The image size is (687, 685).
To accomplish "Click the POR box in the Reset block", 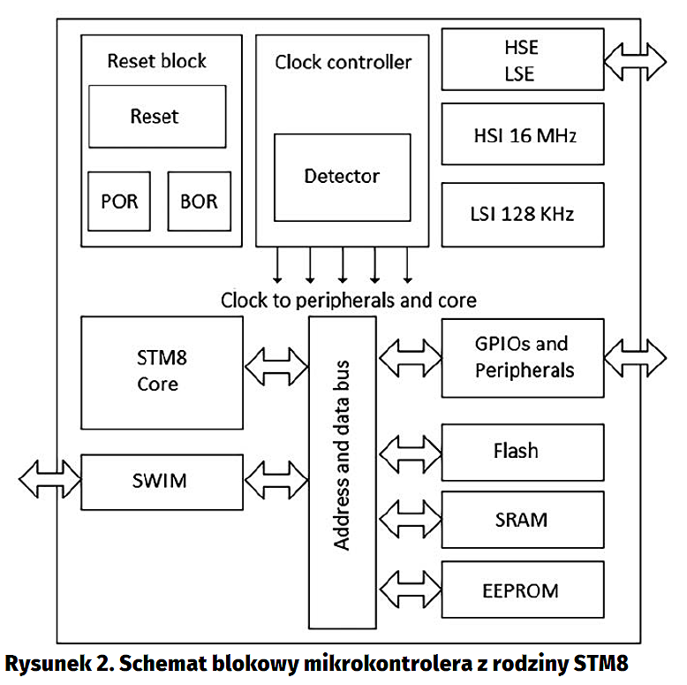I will pos(119,202).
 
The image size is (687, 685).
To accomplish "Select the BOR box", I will pos(199,202).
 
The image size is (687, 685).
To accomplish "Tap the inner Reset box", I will pos(157,117).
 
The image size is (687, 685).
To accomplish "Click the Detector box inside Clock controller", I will pos(342,177).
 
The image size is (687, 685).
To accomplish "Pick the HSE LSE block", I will pos(522,60).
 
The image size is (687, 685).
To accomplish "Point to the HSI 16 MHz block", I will pos(522,134).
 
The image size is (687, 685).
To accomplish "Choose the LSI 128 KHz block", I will pos(522,214).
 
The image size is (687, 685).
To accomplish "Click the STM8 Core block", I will pos(162,372).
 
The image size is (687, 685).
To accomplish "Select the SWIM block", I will pos(162,481).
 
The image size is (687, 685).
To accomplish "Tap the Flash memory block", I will pos(522,452).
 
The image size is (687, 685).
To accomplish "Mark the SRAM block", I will pos(522,520).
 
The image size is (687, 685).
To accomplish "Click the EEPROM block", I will pos(522,590).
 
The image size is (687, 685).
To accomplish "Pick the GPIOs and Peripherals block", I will pos(522,357).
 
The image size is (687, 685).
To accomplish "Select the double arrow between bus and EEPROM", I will pos(410,588).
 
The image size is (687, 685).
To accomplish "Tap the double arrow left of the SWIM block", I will pos(50,480).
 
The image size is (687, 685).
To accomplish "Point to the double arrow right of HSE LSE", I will pos(635,59).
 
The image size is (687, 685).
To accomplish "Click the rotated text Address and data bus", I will pos(342,454).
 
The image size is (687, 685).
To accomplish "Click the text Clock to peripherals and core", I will pos(348,300).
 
